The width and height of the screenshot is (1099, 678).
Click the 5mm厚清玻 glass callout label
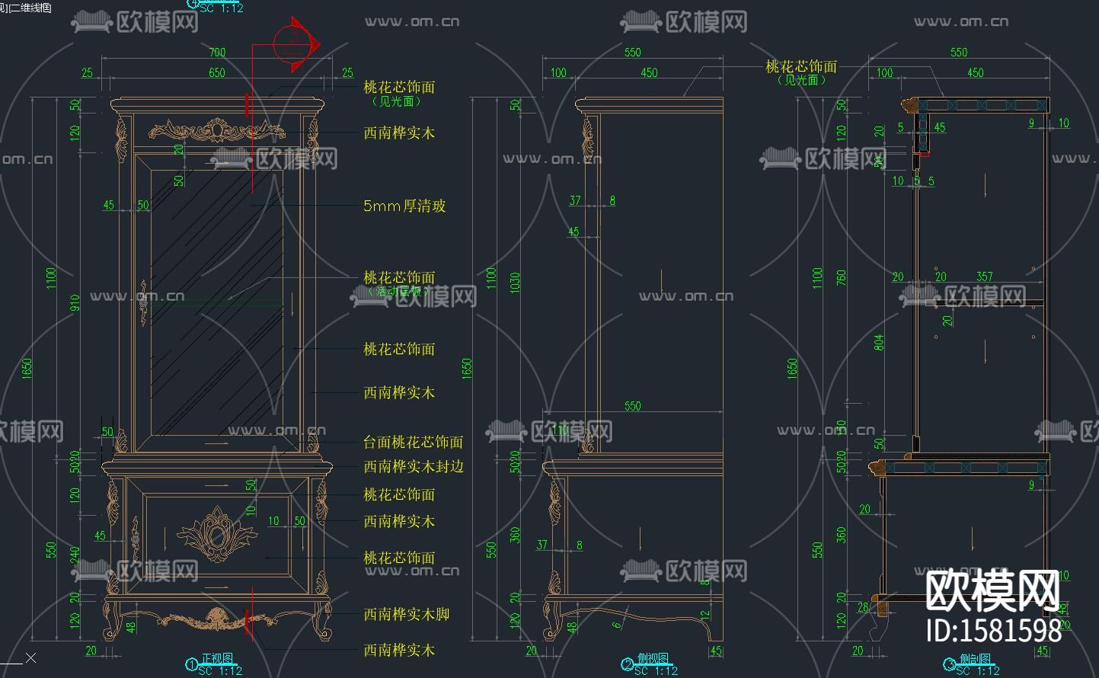click(404, 206)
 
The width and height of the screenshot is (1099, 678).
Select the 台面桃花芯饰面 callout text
click(413, 442)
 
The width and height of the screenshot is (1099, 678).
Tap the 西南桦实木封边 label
click(413, 466)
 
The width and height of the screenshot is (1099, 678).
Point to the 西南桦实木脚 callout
click(406, 614)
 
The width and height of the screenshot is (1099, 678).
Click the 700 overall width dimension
click(217, 53)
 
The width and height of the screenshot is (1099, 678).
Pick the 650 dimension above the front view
click(217, 72)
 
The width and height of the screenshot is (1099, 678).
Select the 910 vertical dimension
click(75, 303)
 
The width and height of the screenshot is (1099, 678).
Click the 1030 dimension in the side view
click(516, 283)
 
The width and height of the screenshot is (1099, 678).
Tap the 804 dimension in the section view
click(880, 342)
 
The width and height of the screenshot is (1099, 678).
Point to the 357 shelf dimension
click(985, 277)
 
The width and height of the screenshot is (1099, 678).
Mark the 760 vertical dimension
click(842, 278)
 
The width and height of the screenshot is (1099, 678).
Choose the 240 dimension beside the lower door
click(75, 555)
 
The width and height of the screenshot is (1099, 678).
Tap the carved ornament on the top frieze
click(216, 131)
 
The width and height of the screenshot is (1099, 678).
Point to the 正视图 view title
click(217, 658)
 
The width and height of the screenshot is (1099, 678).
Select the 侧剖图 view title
click(975, 659)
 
